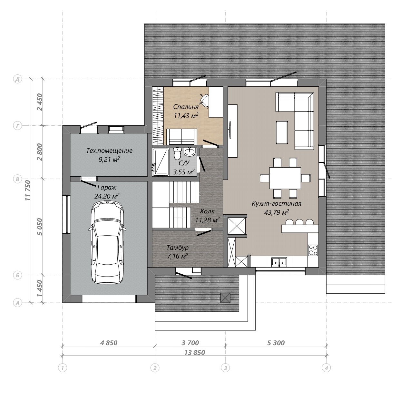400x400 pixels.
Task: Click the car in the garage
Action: tap(107, 243)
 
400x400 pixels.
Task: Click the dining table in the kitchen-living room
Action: tap(285, 178)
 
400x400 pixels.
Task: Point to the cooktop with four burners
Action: tap(313, 250)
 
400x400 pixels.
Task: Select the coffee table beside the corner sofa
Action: tap(282, 132)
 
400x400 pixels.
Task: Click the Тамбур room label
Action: tap(178, 248)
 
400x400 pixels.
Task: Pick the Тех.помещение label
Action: tap(109, 151)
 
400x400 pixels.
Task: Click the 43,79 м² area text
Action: tap(277, 212)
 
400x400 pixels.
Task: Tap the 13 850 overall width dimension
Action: tap(195, 353)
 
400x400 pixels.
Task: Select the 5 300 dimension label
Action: tap(276, 343)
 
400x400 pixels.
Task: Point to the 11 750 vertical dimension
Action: tap(28, 190)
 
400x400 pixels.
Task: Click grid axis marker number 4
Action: tap(326, 368)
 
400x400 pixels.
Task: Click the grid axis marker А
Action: tap(18, 303)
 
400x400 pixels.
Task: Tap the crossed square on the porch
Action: tap(225, 298)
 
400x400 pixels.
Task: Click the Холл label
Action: tap(207, 211)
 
